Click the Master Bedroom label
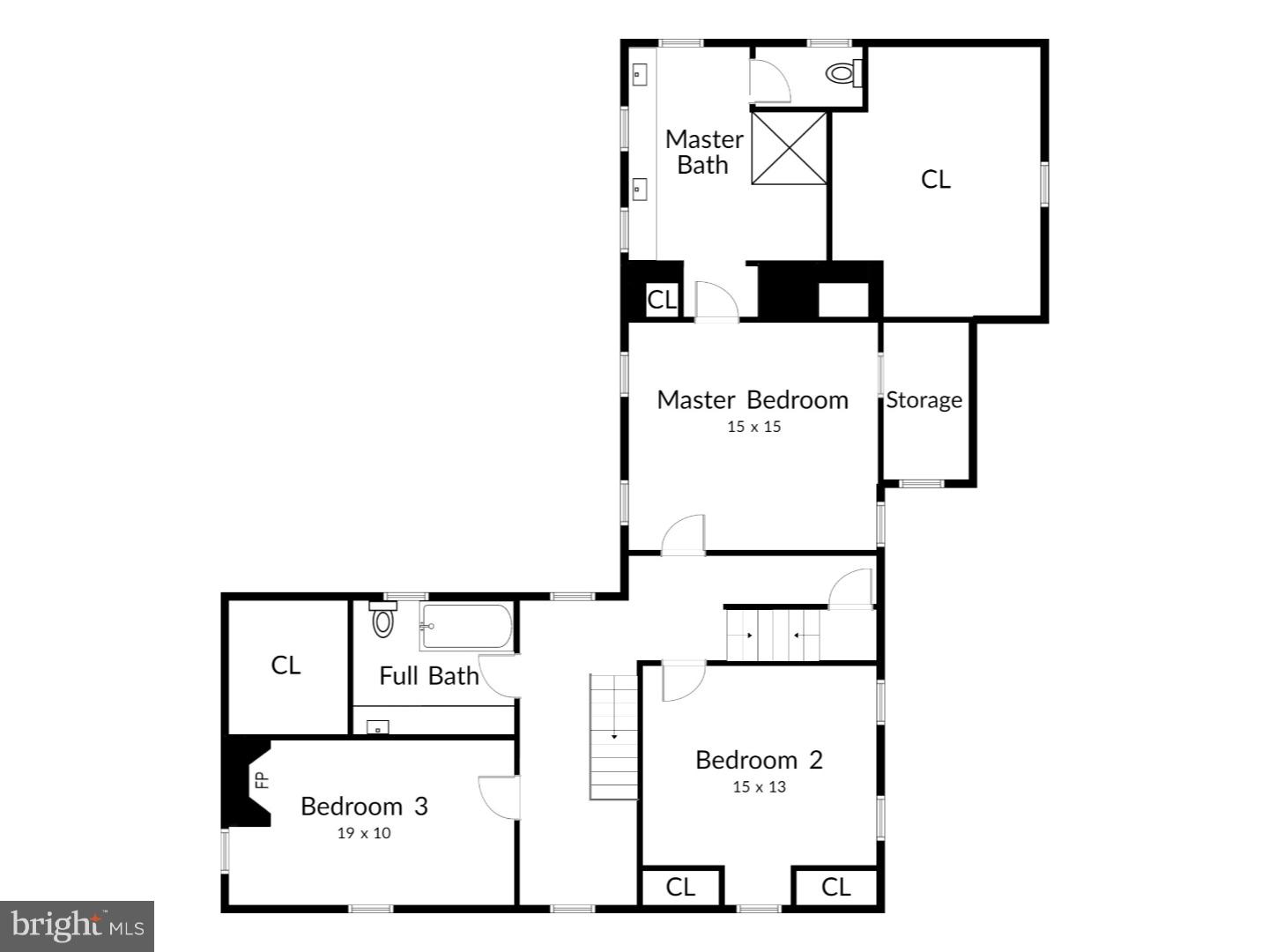point(753,400)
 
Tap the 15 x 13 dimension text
point(759,787)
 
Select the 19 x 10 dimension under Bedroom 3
point(363,833)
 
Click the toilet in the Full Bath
point(382,621)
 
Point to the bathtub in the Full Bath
point(466,626)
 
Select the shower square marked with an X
point(789,148)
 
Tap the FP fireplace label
point(261,780)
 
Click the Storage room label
point(924,400)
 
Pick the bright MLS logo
point(78,926)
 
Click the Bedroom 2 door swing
point(682,681)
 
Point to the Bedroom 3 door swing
point(498,797)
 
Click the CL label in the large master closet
point(935,179)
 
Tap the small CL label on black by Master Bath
point(662,300)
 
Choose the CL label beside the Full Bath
point(286,666)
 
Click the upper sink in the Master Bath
point(639,75)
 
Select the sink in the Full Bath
point(378,728)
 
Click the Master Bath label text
point(703,152)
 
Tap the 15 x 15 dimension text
point(754,427)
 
